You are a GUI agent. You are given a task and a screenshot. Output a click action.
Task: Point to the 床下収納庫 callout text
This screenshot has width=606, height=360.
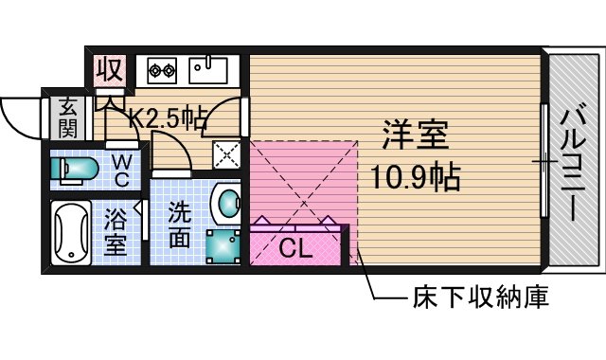coord(480,299)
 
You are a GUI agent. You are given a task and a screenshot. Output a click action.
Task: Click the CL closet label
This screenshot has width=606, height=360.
coord(294,249)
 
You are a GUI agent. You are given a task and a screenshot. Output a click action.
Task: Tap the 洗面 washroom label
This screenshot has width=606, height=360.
coord(179,226)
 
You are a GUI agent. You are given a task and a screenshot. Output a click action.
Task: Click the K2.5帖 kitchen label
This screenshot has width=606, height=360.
coord(169,117)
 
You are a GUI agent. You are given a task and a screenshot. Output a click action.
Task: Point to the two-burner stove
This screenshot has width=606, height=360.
coord(161,68)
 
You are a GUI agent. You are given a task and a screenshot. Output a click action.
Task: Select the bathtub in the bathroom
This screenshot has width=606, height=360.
coord(70,232)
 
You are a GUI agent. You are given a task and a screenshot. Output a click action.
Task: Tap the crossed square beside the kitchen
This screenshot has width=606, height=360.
coord(225,153)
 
